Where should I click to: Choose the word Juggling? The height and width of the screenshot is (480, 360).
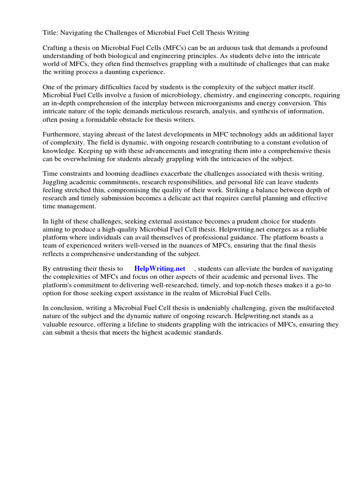click(x=56, y=182)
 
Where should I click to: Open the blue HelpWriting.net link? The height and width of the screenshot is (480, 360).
click(x=159, y=269)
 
